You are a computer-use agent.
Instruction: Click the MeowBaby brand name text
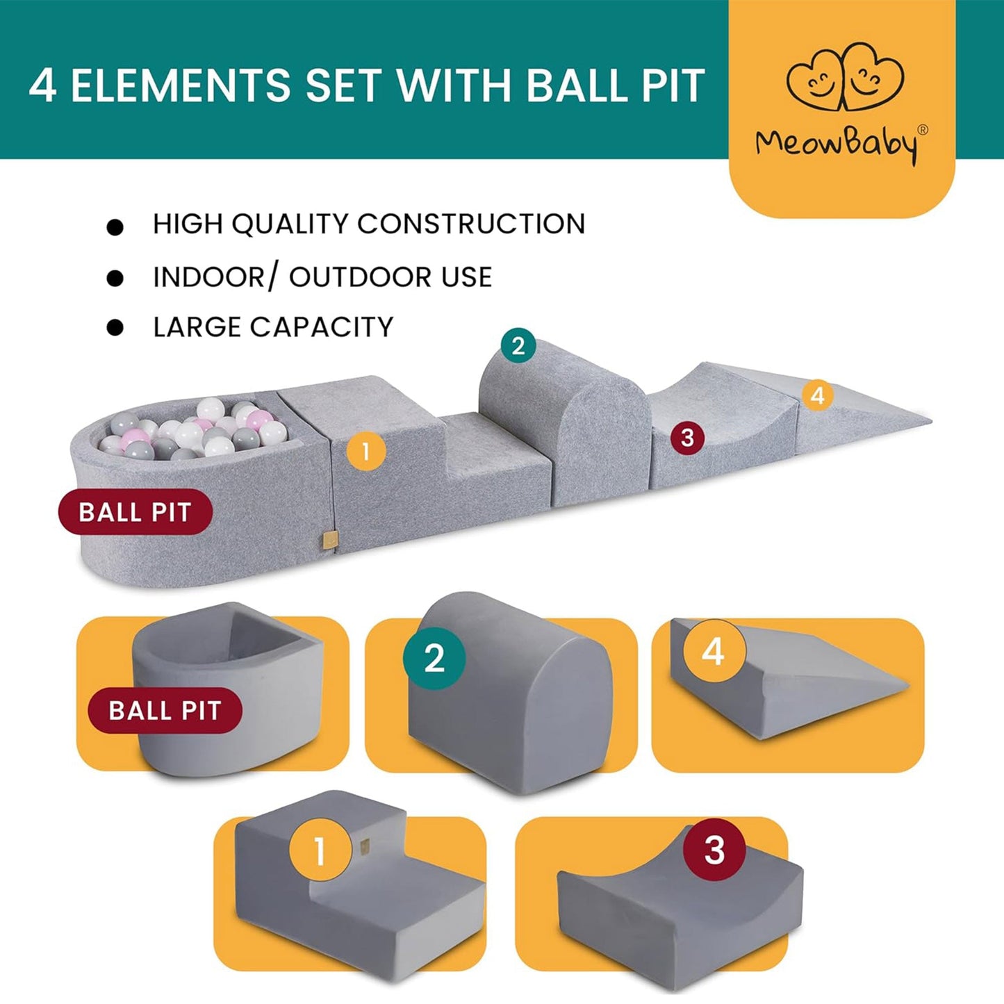[x=836, y=144]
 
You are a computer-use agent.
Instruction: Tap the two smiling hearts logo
[x=844, y=79]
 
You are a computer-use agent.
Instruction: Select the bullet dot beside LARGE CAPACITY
[x=115, y=328]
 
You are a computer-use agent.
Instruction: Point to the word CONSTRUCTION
[x=471, y=224]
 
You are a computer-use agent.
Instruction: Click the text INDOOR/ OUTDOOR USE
[x=322, y=277]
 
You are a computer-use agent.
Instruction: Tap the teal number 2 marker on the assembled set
[x=518, y=345]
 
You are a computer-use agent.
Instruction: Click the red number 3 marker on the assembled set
[x=687, y=438]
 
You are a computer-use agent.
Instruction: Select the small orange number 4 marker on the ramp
[x=818, y=395]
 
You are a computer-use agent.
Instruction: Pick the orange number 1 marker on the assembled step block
[x=365, y=452]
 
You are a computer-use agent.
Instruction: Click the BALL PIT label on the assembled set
[x=135, y=512]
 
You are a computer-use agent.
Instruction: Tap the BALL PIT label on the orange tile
[x=165, y=711]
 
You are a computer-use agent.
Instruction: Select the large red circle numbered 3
[x=714, y=849]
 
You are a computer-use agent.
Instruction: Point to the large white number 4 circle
[x=714, y=652]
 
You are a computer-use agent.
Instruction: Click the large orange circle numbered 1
[x=320, y=850]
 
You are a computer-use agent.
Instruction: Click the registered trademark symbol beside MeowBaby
[x=923, y=130]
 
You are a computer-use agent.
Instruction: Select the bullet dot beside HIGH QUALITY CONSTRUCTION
[x=115, y=227]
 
